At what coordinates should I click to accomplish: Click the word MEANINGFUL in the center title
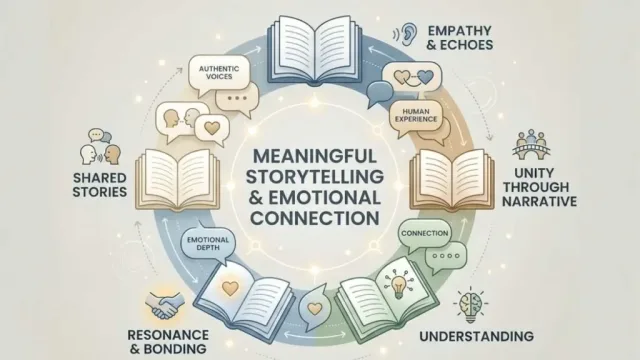[x=314, y=156]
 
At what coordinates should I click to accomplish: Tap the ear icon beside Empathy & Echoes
[x=407, y=33]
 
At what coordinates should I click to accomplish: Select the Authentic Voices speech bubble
[x=219, y=73]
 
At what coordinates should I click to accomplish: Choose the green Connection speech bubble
[x=425, y=233]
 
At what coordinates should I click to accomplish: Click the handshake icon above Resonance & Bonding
[x=164, y=304]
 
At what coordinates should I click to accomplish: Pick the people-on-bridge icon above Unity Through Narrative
[x=531, y=145]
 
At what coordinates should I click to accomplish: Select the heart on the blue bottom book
[x=230, y=288]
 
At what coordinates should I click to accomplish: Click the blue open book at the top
[x=314, y=51]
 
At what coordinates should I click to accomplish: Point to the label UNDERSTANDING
[x=477, y=336]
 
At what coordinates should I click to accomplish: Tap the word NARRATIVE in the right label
[x=540, y=201]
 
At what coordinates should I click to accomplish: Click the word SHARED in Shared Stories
[x=100, y=178]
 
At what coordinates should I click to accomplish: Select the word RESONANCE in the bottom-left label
[x=168, y=335]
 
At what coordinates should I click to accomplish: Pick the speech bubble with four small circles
[x=446, y=256]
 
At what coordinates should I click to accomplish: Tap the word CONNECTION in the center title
[x=315, y=218]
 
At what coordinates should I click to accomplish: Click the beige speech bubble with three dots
[x=237, y=98]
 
